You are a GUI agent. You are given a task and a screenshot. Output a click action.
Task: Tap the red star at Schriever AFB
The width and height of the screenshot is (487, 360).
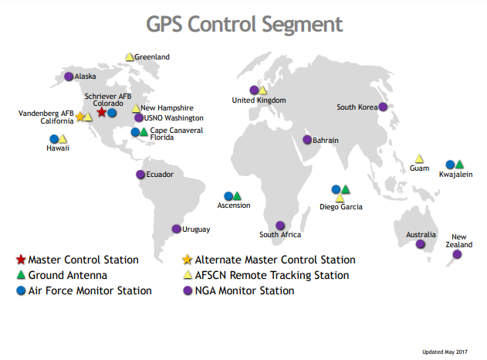(102, 112)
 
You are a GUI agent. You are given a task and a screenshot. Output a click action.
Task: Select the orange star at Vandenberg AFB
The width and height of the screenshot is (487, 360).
(80, 117)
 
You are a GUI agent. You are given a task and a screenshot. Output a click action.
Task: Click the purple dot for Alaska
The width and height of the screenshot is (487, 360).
(69, 76)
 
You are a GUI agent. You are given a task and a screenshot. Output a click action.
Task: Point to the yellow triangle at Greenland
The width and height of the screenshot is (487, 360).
(130, 56)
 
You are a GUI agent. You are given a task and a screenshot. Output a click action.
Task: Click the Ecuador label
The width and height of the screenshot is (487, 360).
(160, 175)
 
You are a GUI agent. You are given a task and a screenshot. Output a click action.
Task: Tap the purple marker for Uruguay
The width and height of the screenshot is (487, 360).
(177, 229)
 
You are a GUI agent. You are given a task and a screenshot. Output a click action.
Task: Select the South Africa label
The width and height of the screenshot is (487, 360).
(280, 235)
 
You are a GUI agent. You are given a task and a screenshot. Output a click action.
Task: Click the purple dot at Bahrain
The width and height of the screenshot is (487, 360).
(307, 140)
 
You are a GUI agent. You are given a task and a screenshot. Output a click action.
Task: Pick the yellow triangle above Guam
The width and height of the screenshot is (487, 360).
(419, 158)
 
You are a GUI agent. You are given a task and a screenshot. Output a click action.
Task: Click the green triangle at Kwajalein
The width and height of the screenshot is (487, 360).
(459, 164)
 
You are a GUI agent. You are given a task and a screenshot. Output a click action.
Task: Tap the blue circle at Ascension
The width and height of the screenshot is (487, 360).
(228, 196)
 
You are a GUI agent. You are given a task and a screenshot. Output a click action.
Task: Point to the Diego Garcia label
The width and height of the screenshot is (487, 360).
(341, 207)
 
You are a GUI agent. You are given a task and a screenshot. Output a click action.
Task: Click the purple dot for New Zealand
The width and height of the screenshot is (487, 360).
(457, 254)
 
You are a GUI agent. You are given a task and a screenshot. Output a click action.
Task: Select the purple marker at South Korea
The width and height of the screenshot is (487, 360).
(381, 107)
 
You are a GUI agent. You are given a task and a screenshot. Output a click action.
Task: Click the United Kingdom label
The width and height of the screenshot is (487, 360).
(259, 100)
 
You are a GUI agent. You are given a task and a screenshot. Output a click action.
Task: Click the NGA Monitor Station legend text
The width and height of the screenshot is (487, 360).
(245, 291)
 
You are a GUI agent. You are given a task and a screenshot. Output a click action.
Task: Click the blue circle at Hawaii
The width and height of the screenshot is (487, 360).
(54, 139)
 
